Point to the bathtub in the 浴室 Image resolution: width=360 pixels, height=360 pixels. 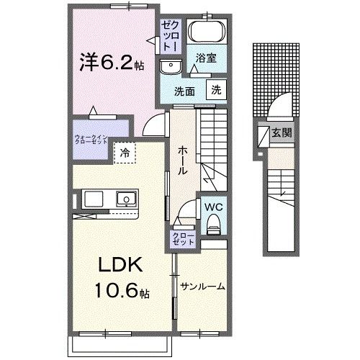click(x=207, y=33)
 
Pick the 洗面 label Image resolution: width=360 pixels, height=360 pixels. click(x=185, y=91)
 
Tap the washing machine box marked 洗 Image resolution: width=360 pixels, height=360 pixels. click(x=215, y=90)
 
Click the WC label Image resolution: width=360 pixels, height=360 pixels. click(x=213, y=207)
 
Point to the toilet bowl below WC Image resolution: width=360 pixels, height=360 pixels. click(x=214, y=225)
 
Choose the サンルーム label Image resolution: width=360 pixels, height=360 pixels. click(x=202, y=287)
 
